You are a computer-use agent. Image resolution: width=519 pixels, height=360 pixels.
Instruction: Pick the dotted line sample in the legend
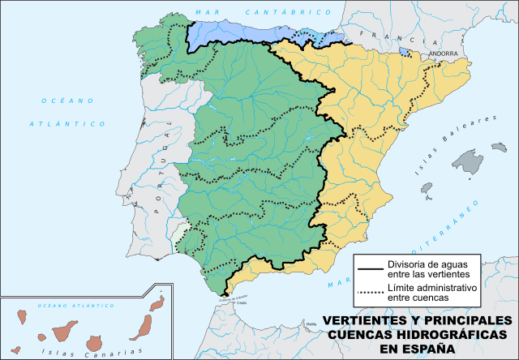(x=370, y=292)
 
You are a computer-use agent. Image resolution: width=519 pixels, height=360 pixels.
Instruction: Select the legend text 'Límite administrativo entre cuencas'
(x=430, y=292)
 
